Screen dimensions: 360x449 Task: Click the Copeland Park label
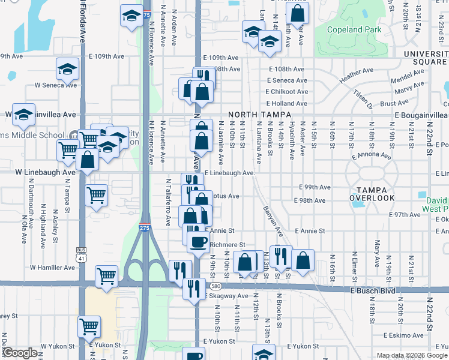point(354,29)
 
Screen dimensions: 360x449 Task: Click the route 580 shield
point(215,285)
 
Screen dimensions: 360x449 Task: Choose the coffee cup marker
point(197,242)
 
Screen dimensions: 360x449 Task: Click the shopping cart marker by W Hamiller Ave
point(107,276)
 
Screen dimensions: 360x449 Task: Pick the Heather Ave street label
point(356,79)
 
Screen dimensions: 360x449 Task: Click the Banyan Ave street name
point(272,221)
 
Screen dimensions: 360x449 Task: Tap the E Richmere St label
point(226,245)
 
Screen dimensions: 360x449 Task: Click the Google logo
point(19,353)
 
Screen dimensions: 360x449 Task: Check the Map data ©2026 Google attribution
point(412,355)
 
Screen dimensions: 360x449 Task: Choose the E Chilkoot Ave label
point(287,92)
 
